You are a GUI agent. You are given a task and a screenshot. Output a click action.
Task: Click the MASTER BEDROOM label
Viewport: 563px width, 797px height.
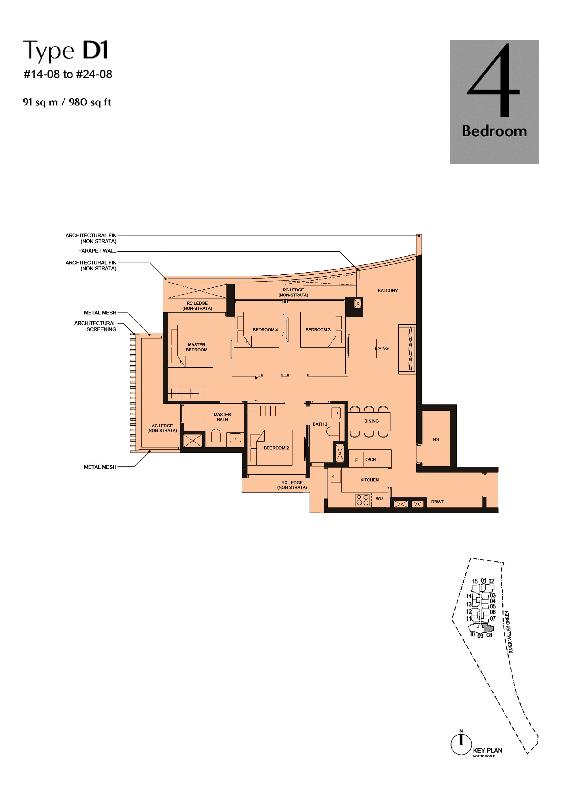[x=197, y=347]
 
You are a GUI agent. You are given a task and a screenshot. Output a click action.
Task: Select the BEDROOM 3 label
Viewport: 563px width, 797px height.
[x=318, y=330]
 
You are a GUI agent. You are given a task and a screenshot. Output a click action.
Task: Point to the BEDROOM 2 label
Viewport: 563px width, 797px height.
[x=276, y=448]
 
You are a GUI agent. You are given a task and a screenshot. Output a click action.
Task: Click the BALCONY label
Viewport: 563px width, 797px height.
[x=388, y=291]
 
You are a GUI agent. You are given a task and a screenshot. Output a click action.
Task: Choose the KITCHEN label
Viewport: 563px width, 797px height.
[x=369, y=480]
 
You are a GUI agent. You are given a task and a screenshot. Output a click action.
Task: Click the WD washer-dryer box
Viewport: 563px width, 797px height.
[x=379, y=500]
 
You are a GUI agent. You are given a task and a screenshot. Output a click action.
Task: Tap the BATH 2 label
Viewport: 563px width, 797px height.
[x=320, y=424]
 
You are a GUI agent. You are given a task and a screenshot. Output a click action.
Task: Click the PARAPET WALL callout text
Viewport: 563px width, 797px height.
[x=97, y=251]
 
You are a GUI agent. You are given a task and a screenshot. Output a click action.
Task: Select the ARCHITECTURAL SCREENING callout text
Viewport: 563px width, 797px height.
[x=95, y=326]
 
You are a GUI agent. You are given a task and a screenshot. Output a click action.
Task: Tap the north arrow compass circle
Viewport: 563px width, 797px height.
[x=461, y=745]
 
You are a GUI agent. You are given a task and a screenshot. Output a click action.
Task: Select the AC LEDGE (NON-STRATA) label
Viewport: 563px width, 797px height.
[x=162, y=428]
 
